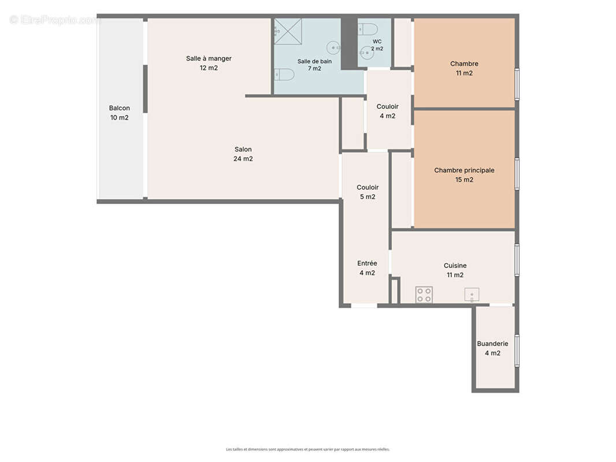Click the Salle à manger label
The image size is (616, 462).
click(x=209, y=63)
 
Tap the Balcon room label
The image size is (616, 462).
click(x=120, y=113)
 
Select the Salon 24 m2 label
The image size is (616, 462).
click(x=243, y=154)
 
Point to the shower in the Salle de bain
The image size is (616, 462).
click(x=288, y=31)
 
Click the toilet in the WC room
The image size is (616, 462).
click(x=368, y=29)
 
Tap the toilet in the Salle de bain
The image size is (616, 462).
click(x=284, y=74)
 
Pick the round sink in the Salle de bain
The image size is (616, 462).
click(x=333, y=48)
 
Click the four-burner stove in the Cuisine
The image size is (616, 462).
click(x=424, y=295)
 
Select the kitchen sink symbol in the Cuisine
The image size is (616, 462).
click(x=472, y=295)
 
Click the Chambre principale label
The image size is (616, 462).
click(x=465, y=174)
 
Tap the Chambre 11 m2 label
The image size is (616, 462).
click(x=465, y=68)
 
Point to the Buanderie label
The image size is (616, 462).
click(x=493, y=348)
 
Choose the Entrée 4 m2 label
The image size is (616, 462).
click(x=368, y=268)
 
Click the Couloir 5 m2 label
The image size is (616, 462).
click(x=368, y=192)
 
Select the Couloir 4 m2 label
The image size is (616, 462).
click(x=388, y=111)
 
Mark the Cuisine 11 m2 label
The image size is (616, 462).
click(x=455, y=270)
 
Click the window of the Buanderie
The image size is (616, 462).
click(x=517, y=351)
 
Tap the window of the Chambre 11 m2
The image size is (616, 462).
click(x=517, y=84)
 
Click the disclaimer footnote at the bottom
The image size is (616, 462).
click(x=308, y=449)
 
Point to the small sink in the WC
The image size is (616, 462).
click(x=367, y=53)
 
